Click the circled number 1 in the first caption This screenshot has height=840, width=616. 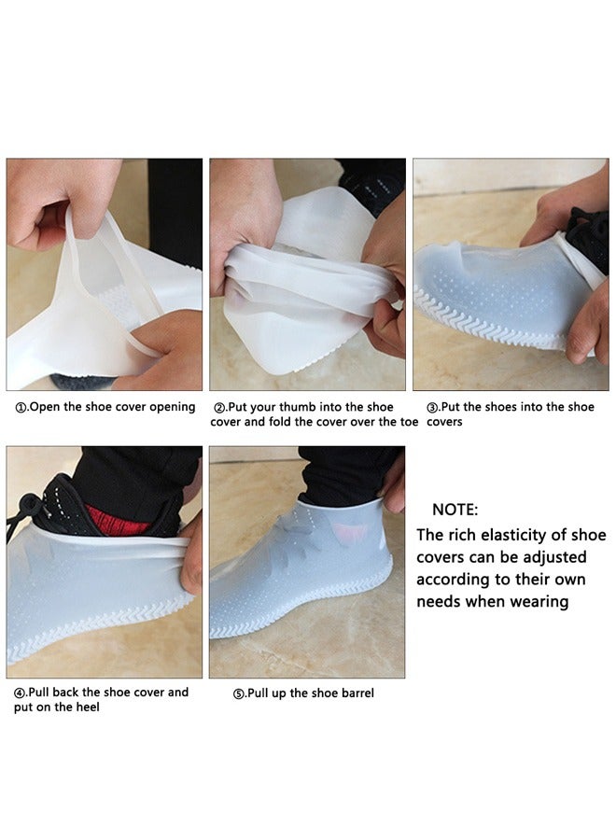(x=21, y=407)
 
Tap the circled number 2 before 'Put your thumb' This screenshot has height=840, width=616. (x=220, y=408)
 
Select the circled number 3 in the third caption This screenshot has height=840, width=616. (x=432, y=408)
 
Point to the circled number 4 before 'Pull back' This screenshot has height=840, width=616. (x=20, y=693)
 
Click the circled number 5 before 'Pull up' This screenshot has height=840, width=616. (x=239, y=693)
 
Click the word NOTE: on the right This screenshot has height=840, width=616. (x=455, y=510)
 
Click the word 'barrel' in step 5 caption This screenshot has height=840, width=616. (x=355, y=693)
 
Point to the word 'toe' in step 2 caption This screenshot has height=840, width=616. (x=407, y=422)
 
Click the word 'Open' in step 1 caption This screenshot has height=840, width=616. (x=45, y=407)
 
